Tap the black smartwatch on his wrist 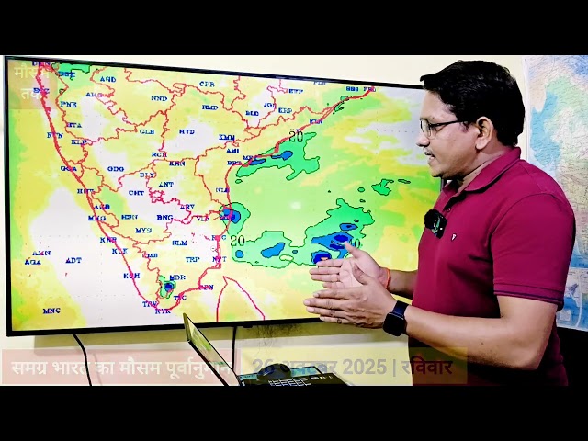coord(395,319)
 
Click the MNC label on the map coord(51,311)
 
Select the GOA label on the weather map coord(69,168)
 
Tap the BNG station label coord(164,218)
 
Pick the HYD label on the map coord(187,131)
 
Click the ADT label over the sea coord(73,260)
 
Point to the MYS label coord(142,231)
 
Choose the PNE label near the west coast coord(68,104)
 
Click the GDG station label coord(115,169)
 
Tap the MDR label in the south coord(178,277)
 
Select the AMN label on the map coord(41,253)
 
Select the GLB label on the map coord(147,131)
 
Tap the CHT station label coord(135,193)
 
